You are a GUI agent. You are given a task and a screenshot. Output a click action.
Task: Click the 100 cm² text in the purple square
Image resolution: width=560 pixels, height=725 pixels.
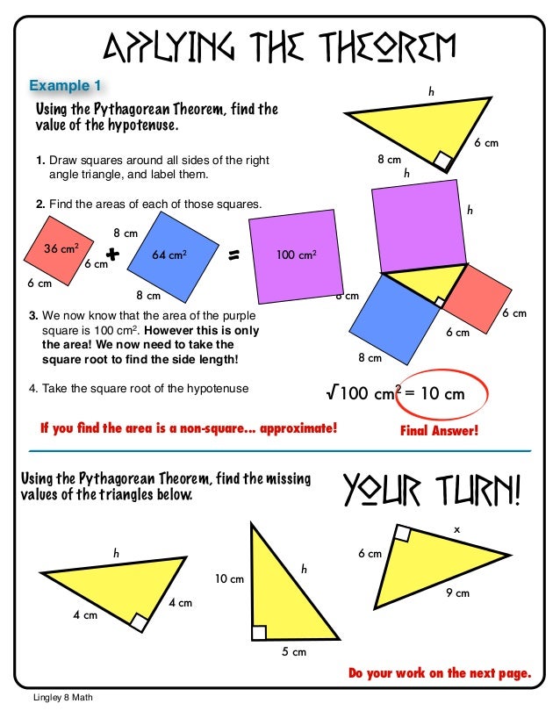pyautogui.click(x=296, y=255)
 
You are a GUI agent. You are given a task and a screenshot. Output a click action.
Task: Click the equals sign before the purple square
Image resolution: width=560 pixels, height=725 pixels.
pyautogui.click(x=234, y=256)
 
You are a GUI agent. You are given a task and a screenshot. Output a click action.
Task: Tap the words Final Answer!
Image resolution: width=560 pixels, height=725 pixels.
pyautogui.click(x=439, y=431)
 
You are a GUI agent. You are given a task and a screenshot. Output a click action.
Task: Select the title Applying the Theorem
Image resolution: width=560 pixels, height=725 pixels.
pyautogui.click(x=279, y=43)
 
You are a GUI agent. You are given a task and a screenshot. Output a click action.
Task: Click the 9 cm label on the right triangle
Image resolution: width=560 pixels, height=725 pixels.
pyautogui.click(x=456, y=594)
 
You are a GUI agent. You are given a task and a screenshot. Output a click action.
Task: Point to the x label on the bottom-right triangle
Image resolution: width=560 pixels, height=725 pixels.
pyautogui.click(x=456, y=530)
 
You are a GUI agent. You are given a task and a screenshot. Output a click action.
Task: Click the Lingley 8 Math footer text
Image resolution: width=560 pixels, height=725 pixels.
pyautogui.click(x=57, y=698)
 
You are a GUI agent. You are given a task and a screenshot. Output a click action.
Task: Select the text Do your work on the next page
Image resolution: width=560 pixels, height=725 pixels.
pyautogui.click(x=439, y=674)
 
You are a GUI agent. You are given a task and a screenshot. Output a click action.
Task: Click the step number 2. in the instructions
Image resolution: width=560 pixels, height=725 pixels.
pyautogui.click(x=40, y=204)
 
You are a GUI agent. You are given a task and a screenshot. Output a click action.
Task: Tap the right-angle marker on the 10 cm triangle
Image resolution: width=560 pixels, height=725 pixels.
pyautogui.click(x=259, y=633)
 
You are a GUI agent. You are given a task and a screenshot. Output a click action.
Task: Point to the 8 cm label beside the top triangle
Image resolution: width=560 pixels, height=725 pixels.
pyautogui.click(x=389, y=161)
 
